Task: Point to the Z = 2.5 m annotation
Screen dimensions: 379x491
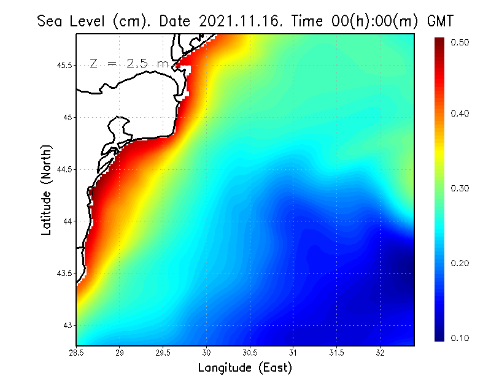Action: tap(129, 63)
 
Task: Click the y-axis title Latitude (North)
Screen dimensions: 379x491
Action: tap(47, 190)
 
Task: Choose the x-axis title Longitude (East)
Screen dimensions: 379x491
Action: tap(245, 368)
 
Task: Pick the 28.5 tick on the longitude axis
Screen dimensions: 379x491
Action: tap(77, 353)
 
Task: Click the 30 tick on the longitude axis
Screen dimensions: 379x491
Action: tap(207, 353)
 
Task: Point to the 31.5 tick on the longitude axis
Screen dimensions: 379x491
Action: tap(337, 353)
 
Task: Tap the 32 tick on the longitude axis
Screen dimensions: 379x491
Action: tap(381, 353)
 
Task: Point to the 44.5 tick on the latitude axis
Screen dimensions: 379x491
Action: tap(65, 170)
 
